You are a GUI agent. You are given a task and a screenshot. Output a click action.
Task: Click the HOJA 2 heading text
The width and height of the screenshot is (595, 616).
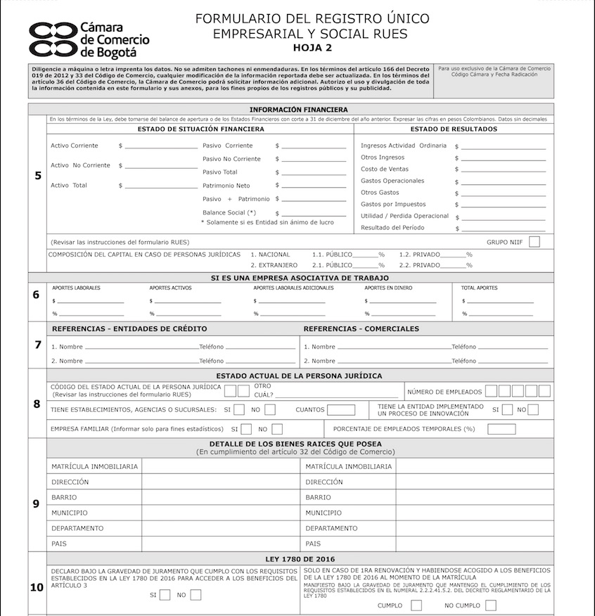click(311, 48)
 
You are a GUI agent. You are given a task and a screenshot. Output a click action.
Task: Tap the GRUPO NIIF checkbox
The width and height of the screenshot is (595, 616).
click(535, 242)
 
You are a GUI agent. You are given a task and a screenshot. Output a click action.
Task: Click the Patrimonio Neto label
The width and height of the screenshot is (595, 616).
click(226, 186)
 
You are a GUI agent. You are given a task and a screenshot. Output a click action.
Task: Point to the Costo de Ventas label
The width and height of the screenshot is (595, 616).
click(384, 169)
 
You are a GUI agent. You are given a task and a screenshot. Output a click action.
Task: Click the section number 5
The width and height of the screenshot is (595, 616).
click(37, 175)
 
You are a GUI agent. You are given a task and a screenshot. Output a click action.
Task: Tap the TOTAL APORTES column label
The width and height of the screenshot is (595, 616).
click(479, 288)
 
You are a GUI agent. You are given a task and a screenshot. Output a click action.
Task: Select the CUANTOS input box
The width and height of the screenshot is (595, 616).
click(341, 410)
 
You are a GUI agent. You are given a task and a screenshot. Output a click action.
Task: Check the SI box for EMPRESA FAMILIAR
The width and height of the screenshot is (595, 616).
click(246, 429)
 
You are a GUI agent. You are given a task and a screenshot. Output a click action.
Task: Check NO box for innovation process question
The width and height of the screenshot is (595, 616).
click(533, 410)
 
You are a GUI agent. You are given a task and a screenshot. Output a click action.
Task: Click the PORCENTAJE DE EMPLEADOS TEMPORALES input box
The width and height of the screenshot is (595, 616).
click(501, 429)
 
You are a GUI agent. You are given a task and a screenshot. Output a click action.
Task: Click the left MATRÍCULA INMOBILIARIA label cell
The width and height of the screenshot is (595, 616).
click(94, 466)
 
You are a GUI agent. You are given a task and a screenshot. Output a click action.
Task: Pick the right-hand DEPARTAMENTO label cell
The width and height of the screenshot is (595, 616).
click(349, 528)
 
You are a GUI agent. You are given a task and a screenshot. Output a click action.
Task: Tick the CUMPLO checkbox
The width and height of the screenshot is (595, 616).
click(416, 605)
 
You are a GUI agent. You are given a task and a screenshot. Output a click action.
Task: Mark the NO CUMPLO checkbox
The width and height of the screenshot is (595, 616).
click(490, 605)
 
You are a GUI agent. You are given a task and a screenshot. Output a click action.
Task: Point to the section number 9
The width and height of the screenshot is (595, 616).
click(37, 504)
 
